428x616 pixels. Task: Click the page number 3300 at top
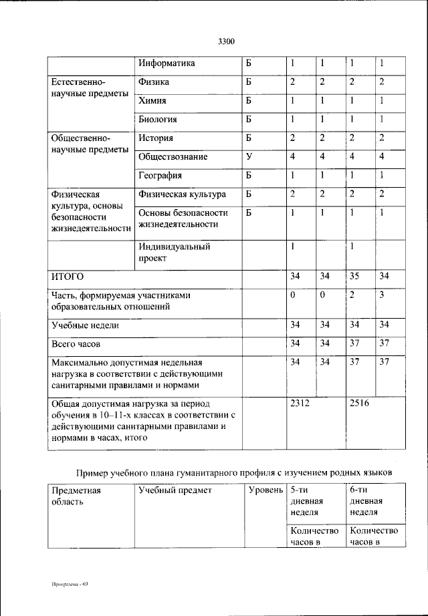click(226, 42)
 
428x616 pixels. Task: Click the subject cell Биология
click(158, 120)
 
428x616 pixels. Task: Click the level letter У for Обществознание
click(248, 157)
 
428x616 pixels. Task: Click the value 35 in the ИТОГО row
click(354, 276)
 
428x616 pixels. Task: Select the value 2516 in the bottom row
click(360, 404)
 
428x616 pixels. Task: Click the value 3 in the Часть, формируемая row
click(382, 295)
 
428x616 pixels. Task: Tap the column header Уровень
click(265, 491)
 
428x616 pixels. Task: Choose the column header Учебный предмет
click(175, 491)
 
